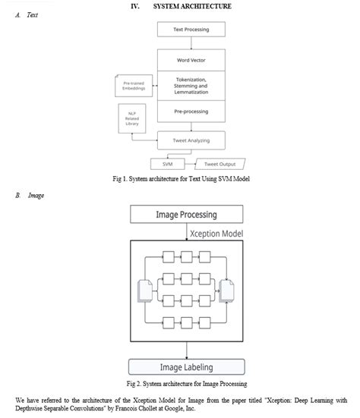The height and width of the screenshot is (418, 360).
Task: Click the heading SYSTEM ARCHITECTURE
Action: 192,6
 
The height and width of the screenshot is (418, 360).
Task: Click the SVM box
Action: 167,164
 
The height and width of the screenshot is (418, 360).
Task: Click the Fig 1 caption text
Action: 179,179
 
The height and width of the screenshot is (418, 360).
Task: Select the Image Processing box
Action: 186,215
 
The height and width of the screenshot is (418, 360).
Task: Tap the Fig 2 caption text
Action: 180,383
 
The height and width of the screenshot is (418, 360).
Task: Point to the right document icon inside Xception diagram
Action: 227,292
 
